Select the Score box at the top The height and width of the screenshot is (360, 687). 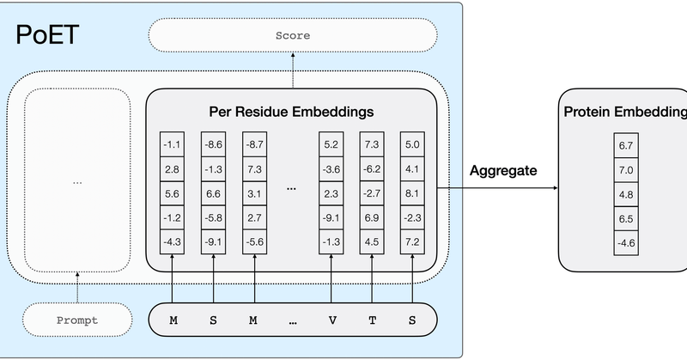(x=293, y=36)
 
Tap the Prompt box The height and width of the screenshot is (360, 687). (x=77, y=320)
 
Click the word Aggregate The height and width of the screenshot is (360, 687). (x=503, y=170)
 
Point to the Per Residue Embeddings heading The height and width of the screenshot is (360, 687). (x=292, y=112)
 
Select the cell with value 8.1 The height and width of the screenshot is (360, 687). (x=413, y=194)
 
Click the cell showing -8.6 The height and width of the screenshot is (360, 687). (x=215, y=146)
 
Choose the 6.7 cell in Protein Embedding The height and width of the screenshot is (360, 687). (x=625, y=146)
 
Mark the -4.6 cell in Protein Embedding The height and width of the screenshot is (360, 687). (x=625, y=242)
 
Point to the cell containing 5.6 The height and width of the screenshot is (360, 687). (x=173, y=194)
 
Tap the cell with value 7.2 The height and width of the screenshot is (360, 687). (x=413, y=242)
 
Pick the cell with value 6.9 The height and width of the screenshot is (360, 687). (x=372, y=218)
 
